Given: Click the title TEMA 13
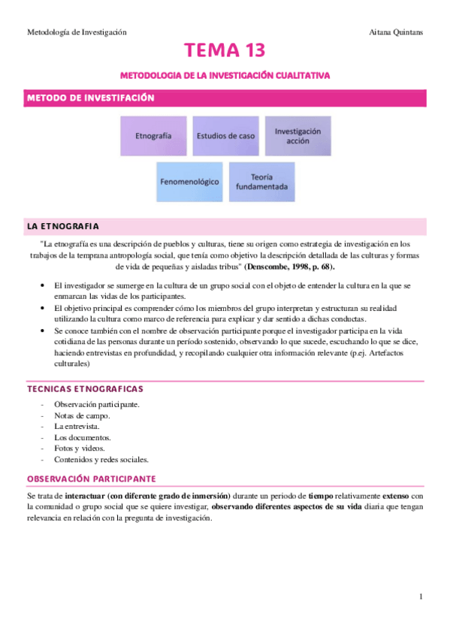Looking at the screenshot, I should point(225,51).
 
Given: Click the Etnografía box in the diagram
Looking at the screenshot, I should point(153,136).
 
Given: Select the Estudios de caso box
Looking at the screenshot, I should point(225,136).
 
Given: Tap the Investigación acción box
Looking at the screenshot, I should point(297,136).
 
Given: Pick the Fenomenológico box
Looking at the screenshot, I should point(189,182).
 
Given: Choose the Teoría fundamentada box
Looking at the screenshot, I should point(261,182).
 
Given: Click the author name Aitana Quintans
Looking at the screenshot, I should point(397,32).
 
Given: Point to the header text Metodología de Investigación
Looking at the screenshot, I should point(77,32).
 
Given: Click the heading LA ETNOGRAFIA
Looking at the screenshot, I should point(63,226).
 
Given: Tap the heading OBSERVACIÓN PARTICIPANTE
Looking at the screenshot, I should point(91,479).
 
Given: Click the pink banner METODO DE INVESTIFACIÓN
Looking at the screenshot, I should point(91,98).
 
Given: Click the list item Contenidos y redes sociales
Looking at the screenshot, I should point(101,459).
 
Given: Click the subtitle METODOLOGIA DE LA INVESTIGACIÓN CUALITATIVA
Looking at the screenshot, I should point(225,76).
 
